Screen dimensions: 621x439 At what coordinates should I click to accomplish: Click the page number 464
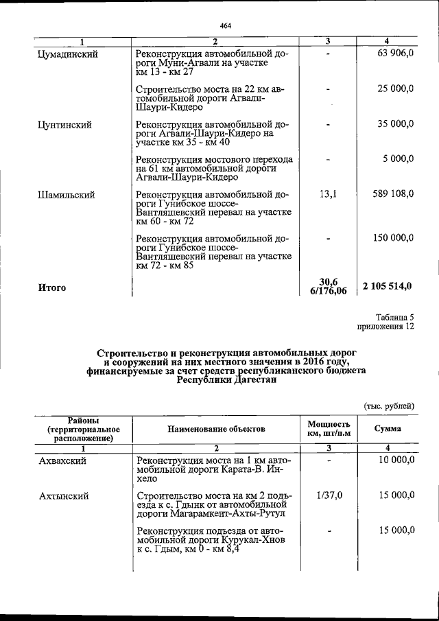tap(226, 26)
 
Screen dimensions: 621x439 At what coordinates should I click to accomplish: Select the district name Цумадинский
tap(68, 54)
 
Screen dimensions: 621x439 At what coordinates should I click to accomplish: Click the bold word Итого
tap(52, 288)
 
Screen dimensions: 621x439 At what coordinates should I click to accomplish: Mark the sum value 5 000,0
tap(399, 159)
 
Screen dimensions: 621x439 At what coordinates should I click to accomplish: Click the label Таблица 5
tap(395, 317)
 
